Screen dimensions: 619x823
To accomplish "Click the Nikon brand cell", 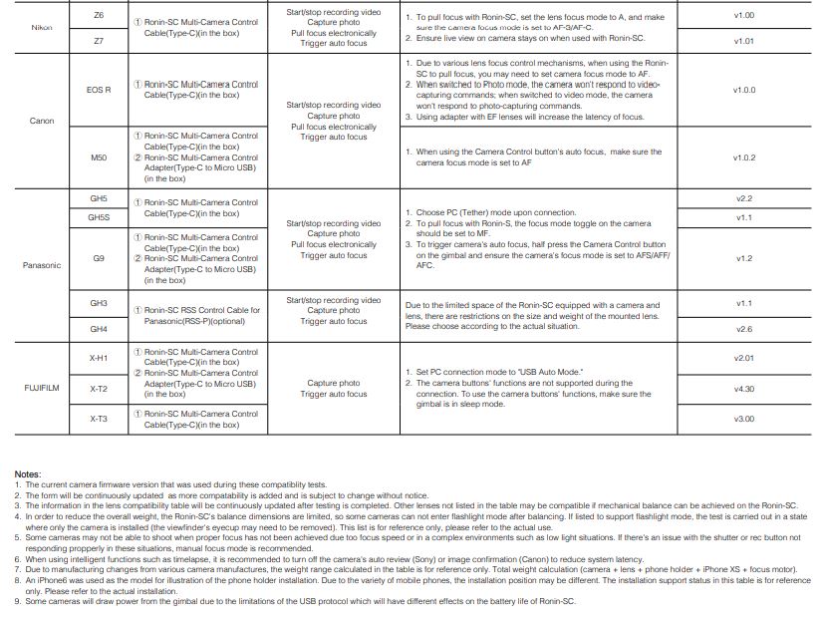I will [42, 28].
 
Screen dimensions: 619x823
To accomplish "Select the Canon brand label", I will [42, 121].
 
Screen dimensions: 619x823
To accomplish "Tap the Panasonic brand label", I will [42, 265].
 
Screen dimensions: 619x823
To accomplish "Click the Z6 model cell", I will [98, 16].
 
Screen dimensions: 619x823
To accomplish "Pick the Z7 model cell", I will [98, 41].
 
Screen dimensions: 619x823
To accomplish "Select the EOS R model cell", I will [98, 90].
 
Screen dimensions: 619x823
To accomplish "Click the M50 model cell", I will [98, 157].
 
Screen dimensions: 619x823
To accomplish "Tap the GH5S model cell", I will [98, 217].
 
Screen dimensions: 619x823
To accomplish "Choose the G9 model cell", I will [98, 258].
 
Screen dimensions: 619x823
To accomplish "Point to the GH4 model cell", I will [98, 329].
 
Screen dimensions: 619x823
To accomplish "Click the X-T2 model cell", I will [98, 389].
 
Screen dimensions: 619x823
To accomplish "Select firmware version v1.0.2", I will [743, 157].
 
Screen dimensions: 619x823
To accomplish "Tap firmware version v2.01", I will [743, 357].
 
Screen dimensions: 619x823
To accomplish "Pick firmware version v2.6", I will [743, 329].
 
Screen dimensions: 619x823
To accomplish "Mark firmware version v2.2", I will [743, 198].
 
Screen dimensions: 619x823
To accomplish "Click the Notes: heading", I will [28, 473].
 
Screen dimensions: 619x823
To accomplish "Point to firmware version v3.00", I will [743, 419].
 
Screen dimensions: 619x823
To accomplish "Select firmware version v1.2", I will [743, 258].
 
